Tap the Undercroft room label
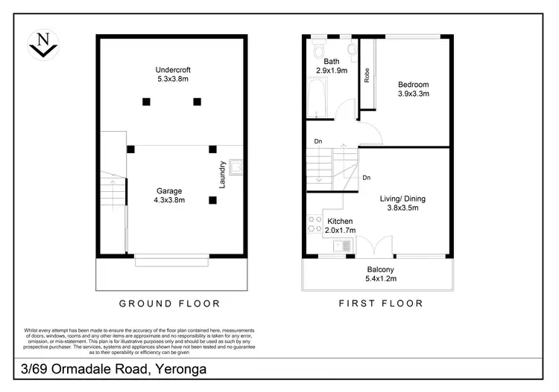point(171,72)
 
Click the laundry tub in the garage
point(237,167)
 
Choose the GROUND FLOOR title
point(170,303)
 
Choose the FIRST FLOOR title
point(381,303)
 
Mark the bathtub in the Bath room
point(314,100)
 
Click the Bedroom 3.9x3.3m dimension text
point(413,94)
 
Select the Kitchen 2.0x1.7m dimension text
point(340,231)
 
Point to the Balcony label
point(380,269)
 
